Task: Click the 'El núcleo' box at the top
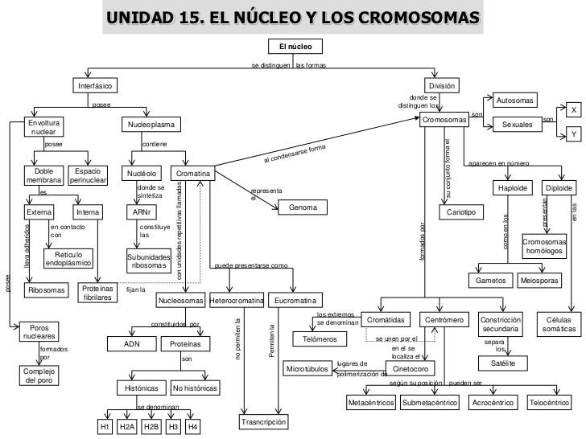tap(295, 47)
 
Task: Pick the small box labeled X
tap(573, 109)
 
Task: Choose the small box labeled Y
tap(573, 133)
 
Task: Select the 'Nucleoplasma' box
tap(152, 125)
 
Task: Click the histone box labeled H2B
tap(151, 427)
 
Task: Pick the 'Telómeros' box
tap(313, 339)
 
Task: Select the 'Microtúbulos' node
tap(307, 369)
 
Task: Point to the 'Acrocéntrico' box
tap(493, 401)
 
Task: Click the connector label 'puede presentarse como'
tap(251, 265)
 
